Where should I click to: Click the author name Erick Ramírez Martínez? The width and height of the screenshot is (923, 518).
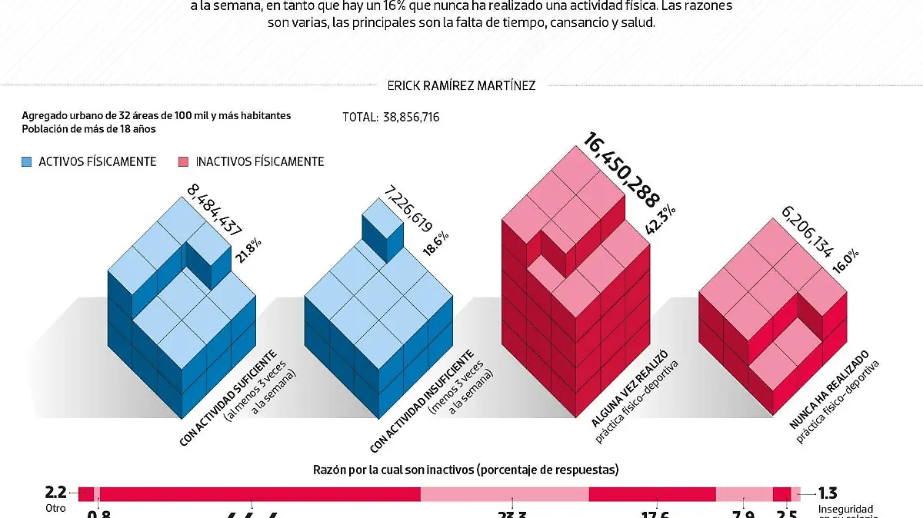tap(461, 86)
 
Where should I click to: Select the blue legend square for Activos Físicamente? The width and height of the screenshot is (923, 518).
tap(28, 161)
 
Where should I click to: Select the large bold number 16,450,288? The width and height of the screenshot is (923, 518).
tap(621, 171)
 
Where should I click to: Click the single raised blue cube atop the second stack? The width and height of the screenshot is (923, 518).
tap(382, 225)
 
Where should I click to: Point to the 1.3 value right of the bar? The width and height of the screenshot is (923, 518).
tap(827, 493)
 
